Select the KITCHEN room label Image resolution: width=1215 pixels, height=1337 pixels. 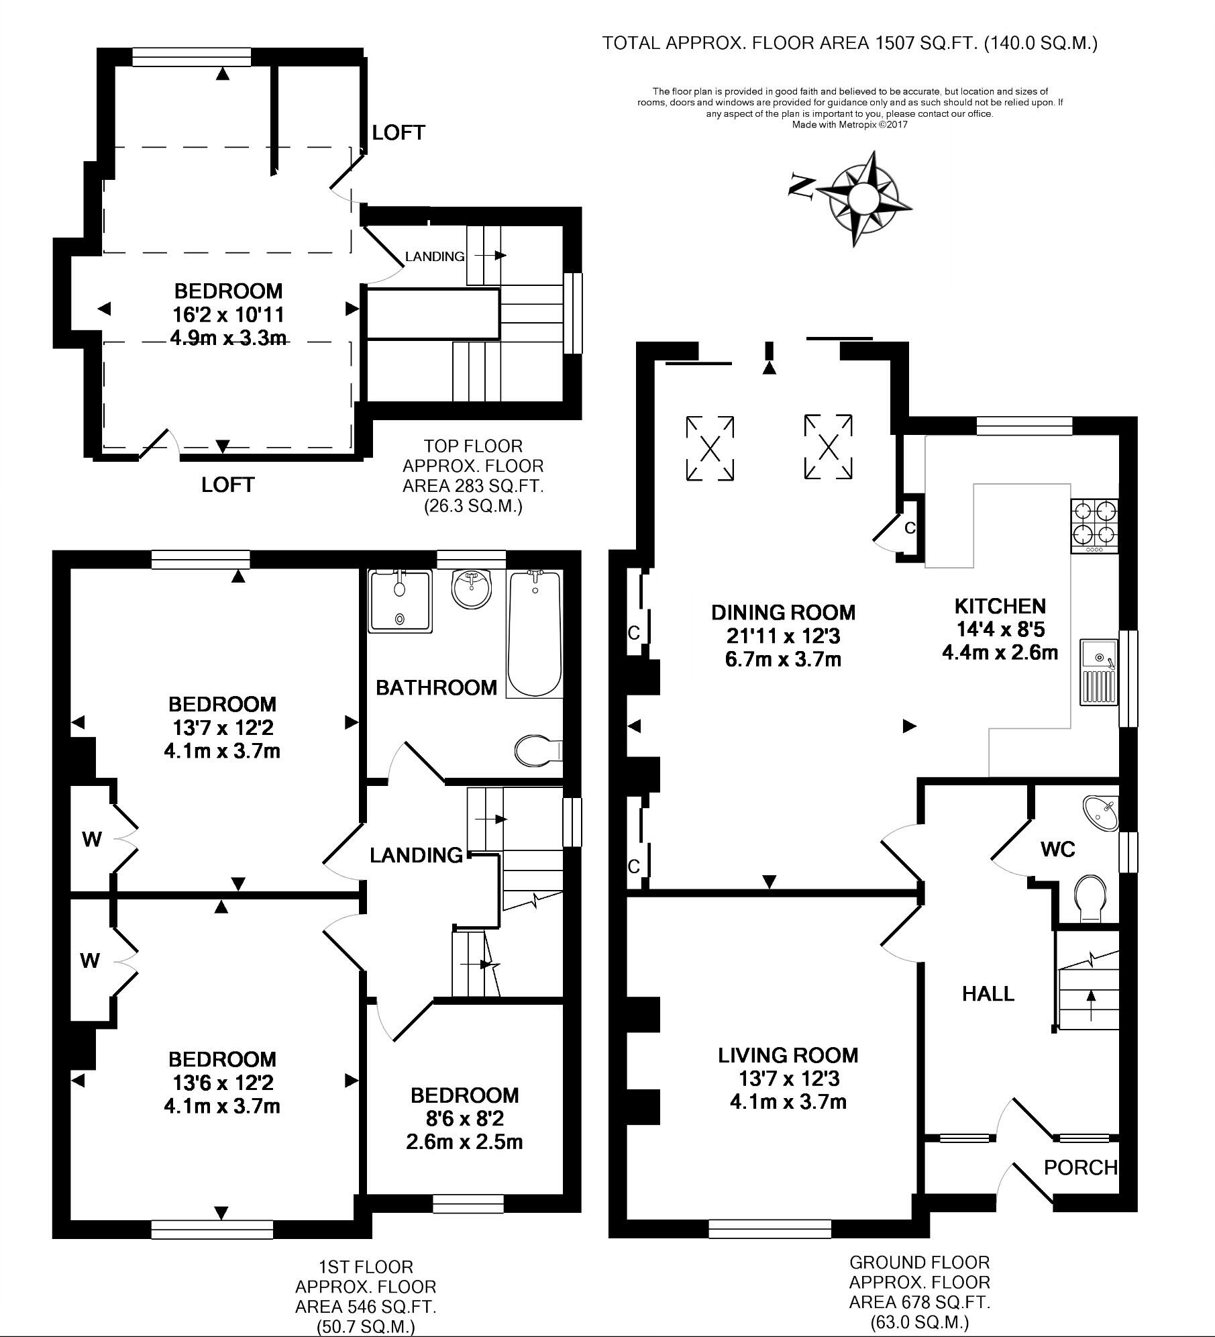coord(1000,606)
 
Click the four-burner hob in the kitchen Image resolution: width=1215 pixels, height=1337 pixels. coord(1094,526)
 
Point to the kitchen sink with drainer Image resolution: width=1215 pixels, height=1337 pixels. coord(1098,672)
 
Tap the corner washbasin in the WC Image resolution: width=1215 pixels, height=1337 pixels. coord(1102,812)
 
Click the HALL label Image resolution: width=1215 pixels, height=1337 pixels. coord(988,993)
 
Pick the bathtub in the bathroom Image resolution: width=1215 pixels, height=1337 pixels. coord(534,632)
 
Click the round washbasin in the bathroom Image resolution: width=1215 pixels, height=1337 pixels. coord(472,589)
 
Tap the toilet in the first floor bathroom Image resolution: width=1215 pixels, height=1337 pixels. coord(537,750)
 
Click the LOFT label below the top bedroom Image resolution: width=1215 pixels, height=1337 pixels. coord(227,485)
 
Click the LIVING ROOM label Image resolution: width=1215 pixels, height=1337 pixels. coord(788,1055)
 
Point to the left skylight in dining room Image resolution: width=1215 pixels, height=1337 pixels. coord(710,448)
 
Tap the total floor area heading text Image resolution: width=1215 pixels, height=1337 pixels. coord(849,44)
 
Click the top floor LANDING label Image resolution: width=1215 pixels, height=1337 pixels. coord(435,256)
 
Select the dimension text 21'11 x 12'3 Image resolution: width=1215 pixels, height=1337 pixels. coord(783,635)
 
